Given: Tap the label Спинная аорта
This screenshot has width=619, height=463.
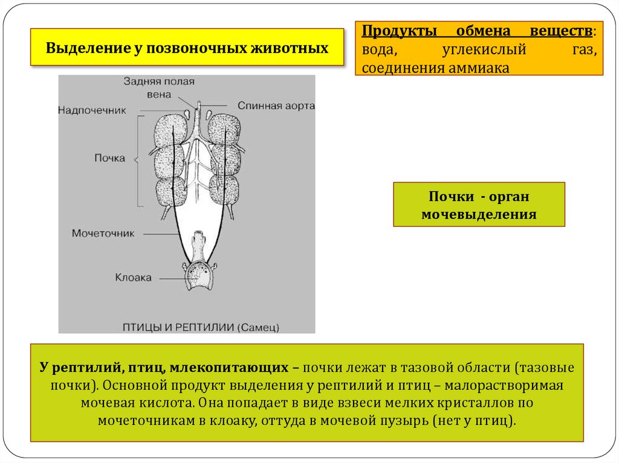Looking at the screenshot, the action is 276,106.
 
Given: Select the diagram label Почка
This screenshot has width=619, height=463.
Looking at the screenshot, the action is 109,158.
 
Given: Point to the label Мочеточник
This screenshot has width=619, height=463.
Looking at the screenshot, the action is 103,233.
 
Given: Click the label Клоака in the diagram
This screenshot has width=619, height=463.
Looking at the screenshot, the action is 133,278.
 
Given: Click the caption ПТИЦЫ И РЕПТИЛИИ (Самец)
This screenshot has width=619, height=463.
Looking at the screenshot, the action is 201,327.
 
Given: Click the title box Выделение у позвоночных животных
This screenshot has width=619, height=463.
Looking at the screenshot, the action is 187,47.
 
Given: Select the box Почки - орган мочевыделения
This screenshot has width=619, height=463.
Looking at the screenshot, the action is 479,205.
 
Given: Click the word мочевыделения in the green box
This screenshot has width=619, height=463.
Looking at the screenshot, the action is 479,214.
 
